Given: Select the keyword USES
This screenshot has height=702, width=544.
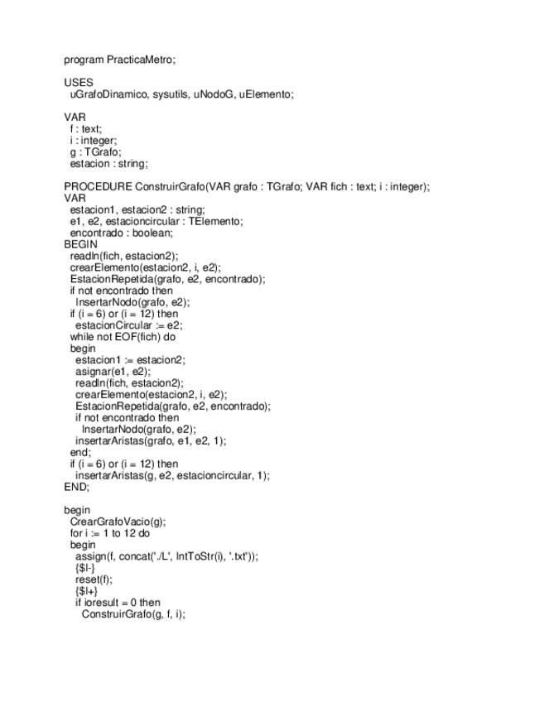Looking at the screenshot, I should tap(79, 83).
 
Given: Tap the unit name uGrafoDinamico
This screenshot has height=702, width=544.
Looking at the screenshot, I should tap(108, 94).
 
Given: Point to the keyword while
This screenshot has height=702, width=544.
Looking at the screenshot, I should tap(82, 337).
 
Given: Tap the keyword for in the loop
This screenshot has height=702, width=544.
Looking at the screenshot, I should tap(76, 533).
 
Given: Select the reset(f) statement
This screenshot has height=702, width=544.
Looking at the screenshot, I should tap(93, 579).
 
